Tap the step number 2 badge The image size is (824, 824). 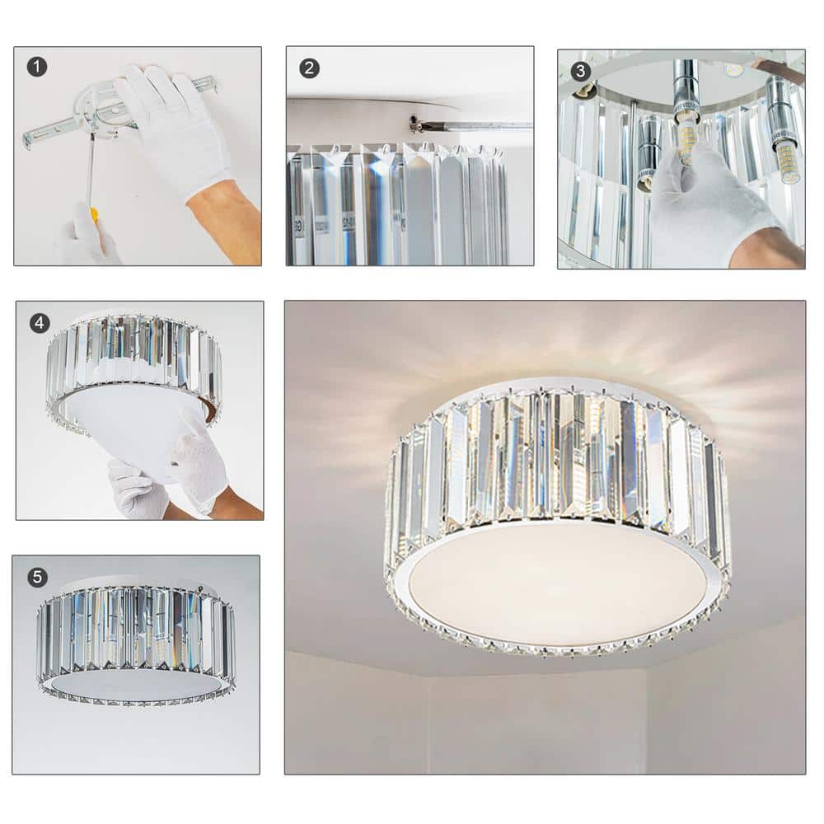tap(309, 68)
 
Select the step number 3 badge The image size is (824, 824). tap(580, 70)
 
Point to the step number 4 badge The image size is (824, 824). tap(39, 323)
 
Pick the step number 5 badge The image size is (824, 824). tap(36, 577)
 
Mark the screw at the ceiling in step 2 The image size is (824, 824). tap(414, 123)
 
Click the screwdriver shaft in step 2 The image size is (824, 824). tap(478, 126)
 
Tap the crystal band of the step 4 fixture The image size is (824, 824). tap(132, 354)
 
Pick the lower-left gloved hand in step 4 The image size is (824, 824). tap(136, 490)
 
